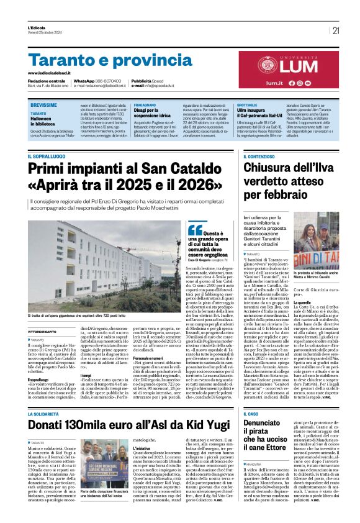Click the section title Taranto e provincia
click(x=110, y=60)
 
